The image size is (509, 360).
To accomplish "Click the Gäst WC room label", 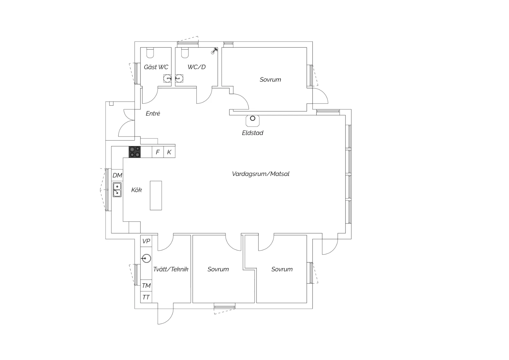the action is coord(156,67).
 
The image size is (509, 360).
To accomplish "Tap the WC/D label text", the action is coord(196,67).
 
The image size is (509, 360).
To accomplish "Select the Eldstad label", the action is coord(252,133).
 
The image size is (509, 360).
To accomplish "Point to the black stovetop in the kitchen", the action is coord(134,152).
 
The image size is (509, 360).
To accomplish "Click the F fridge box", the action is coord(158,152).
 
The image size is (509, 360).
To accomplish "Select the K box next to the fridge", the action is coord(169,152).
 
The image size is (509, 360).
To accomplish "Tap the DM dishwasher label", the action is coord(117,175).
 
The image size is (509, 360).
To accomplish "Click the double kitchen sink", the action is coord(117,190).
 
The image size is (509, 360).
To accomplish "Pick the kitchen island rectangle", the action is coord(156,196).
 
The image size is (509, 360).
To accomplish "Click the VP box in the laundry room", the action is coord(146,241).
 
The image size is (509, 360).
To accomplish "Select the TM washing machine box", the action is coord(146,285).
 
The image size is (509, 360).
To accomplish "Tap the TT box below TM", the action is coord(146,297).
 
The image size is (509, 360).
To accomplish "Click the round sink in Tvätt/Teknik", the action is coord(146,258).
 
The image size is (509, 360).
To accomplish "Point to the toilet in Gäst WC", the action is coord(150,53).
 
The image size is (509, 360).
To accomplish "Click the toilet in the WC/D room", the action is coord(185,53).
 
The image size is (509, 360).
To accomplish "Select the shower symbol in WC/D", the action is coord(214,51).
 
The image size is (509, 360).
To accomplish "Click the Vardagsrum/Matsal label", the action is coord(261,174).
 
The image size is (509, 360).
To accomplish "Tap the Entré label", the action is coord(153,113).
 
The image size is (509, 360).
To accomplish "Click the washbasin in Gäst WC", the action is coord(168,78).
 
